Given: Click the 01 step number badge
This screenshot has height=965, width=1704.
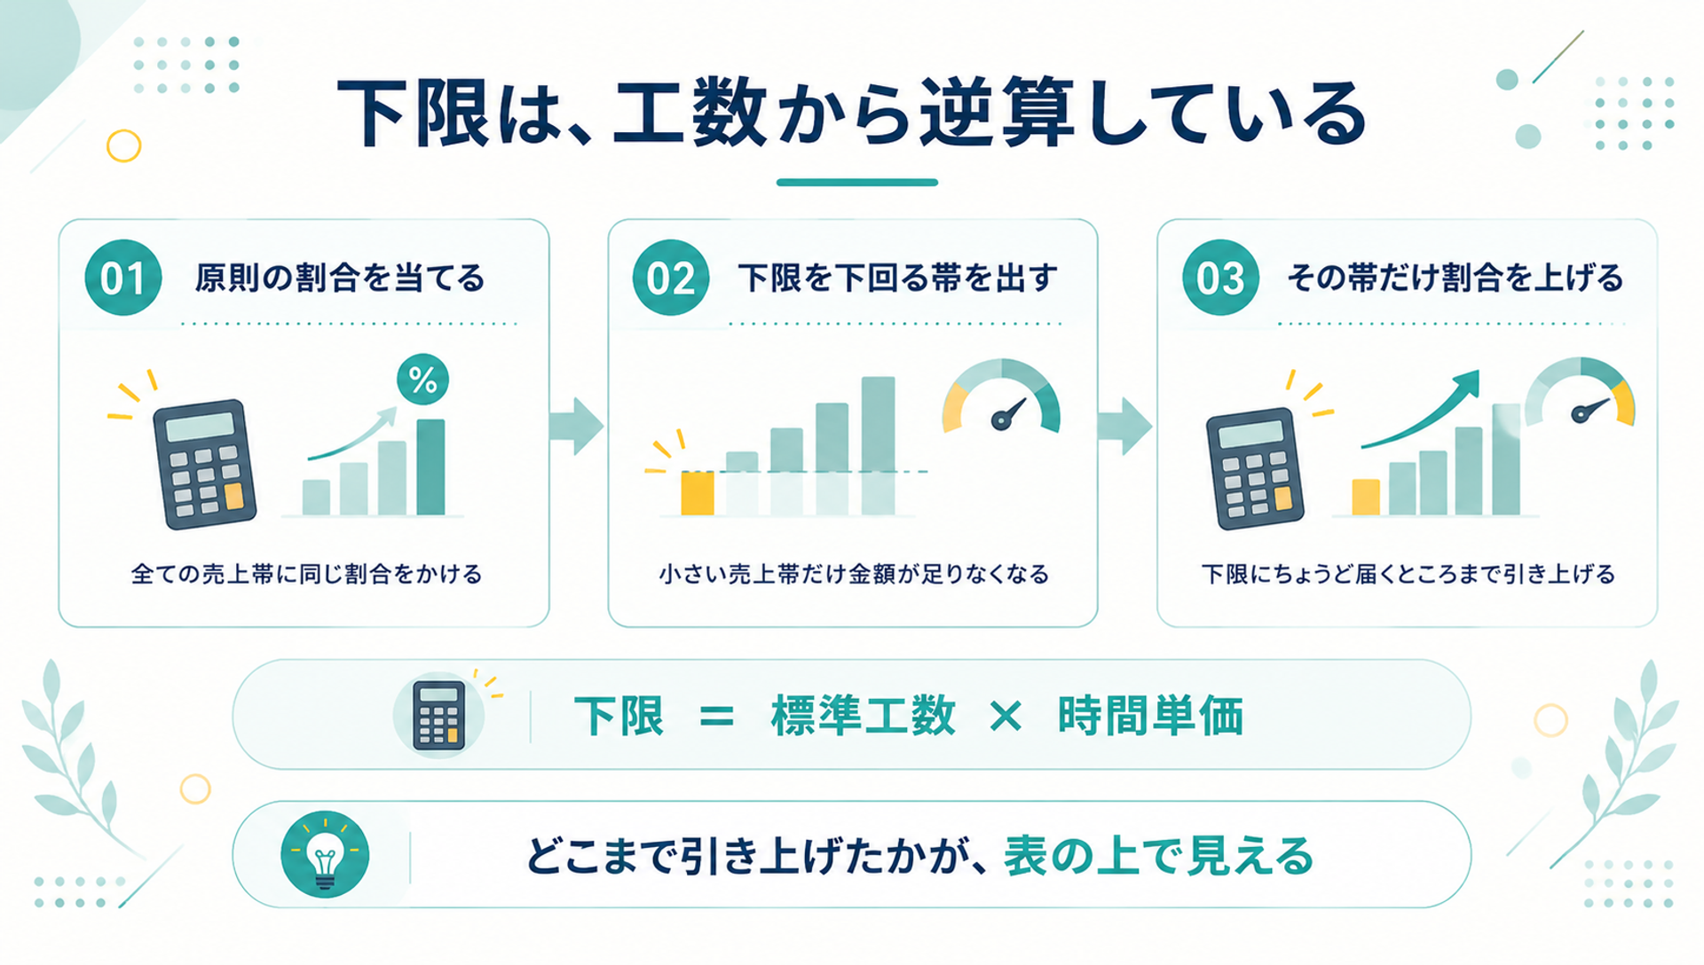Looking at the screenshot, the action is (123, 278).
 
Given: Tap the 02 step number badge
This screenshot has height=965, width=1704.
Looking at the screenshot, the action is (671, 278).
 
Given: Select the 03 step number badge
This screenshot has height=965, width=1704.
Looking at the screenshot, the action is (1220, 278).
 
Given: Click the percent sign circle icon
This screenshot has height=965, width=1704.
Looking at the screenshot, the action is (422, 380).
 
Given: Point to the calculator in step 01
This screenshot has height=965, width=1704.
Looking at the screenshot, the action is (204, 464).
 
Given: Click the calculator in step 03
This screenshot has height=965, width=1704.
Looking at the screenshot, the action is (1255, 468).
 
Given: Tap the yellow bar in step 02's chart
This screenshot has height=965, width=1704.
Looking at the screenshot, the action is (698, 493).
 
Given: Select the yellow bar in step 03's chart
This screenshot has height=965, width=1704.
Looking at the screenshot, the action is (1366, 497).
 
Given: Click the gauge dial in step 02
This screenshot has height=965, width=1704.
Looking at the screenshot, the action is (1001, 396).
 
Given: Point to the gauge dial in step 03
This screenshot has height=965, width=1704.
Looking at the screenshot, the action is (1580, 393).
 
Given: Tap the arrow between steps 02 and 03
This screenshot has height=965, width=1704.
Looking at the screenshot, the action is (1124, 427).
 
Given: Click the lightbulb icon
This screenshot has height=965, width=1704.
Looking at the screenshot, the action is (325, 854).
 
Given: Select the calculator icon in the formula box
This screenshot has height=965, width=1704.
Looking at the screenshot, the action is (439, 715).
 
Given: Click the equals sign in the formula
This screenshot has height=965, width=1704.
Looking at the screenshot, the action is (716, 717).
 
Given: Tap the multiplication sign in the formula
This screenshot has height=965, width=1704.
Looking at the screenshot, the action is (1006, 716).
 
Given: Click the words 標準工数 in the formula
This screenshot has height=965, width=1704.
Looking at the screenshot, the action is (863, 716).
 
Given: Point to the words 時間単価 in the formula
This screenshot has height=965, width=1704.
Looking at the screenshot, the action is (1150, 716).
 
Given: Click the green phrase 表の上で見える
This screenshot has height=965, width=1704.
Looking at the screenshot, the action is (1158, 857).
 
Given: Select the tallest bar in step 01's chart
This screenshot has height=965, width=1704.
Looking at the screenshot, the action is (431, 467).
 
